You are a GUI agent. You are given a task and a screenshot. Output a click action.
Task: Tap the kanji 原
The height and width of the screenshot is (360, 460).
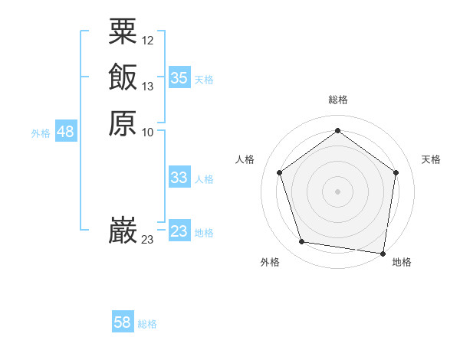point(123,123)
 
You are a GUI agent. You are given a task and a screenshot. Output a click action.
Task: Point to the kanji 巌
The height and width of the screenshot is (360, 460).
point(123,231)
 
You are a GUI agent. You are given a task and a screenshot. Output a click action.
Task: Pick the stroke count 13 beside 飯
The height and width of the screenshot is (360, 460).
point(148,87)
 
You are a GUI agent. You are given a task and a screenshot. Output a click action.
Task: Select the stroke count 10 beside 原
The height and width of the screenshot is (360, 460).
point(148,133)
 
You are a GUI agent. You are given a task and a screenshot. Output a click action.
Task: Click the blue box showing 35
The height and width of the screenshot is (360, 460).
point(179,78)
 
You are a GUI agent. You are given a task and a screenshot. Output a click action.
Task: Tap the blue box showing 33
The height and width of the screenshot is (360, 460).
point(179,178)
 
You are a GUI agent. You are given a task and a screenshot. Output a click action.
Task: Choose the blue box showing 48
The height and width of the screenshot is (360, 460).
point(65,132)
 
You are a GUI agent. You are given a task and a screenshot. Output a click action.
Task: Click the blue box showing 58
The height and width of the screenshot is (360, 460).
point(123,322)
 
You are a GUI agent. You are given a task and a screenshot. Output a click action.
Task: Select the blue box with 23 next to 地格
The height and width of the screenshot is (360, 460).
point(179,231)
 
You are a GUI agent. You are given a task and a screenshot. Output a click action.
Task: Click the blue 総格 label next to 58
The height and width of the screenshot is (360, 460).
point(147,324)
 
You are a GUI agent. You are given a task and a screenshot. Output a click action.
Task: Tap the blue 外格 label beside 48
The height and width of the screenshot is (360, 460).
point(41,133)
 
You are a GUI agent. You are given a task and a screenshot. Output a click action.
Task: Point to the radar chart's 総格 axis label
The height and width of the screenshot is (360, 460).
point(338,100)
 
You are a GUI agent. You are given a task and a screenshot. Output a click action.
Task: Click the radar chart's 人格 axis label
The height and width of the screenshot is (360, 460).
point(245,159)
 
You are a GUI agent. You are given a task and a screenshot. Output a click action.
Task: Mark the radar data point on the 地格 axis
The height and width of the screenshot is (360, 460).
point(383,253)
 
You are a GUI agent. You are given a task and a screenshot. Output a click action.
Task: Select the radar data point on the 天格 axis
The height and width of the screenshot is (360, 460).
point(396,172)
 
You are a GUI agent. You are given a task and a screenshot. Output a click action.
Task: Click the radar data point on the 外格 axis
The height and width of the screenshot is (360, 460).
point(302,242)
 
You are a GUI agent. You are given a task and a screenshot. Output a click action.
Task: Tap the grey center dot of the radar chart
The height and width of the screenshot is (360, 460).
point(338,191)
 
